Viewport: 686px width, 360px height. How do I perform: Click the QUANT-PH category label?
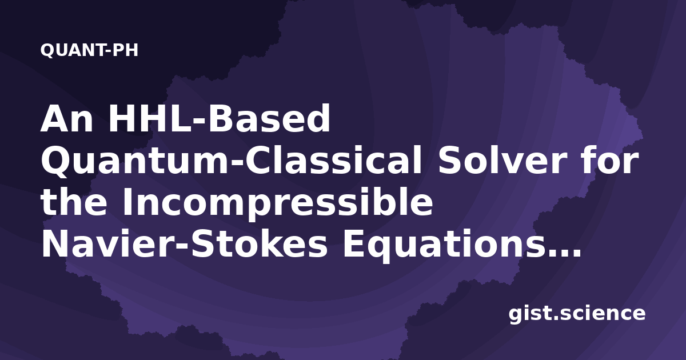(89, 50)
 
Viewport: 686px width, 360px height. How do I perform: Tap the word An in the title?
(67, 118)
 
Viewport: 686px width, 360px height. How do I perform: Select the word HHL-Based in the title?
(218, 118)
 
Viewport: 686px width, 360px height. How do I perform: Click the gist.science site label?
(577, 314)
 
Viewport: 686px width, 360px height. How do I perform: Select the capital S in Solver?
(449, 161)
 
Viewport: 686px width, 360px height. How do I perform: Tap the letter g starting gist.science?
(516, 316)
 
